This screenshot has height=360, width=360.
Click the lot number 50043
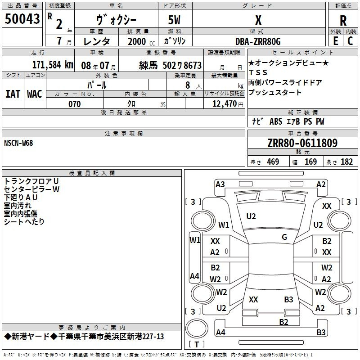coord(22,19)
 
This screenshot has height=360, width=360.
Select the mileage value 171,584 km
coord(53,65)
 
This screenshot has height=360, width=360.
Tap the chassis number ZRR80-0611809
coord(302,143)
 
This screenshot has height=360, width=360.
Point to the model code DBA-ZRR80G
coord(258,41)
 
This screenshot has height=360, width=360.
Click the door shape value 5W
coord(174,20)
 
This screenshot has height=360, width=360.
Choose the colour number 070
coord(74,104)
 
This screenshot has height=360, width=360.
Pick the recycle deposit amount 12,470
coord(224,104)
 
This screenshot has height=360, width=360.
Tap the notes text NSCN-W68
coord(18,143)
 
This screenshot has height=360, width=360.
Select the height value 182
coord(346,162)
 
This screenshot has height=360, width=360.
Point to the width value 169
coord(310,162)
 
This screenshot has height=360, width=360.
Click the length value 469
coord(273,162)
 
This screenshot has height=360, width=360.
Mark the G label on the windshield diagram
coord(284,237)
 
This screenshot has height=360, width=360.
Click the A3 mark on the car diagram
coord(220,184)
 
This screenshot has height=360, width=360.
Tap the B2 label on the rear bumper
coord(283,322)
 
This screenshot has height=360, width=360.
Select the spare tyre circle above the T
coord(197,328)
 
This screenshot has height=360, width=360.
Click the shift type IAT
coord(13,94)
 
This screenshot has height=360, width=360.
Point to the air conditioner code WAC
coord(35,94)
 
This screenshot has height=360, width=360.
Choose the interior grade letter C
coord(350,41)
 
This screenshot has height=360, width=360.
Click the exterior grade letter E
coord(335,41)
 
